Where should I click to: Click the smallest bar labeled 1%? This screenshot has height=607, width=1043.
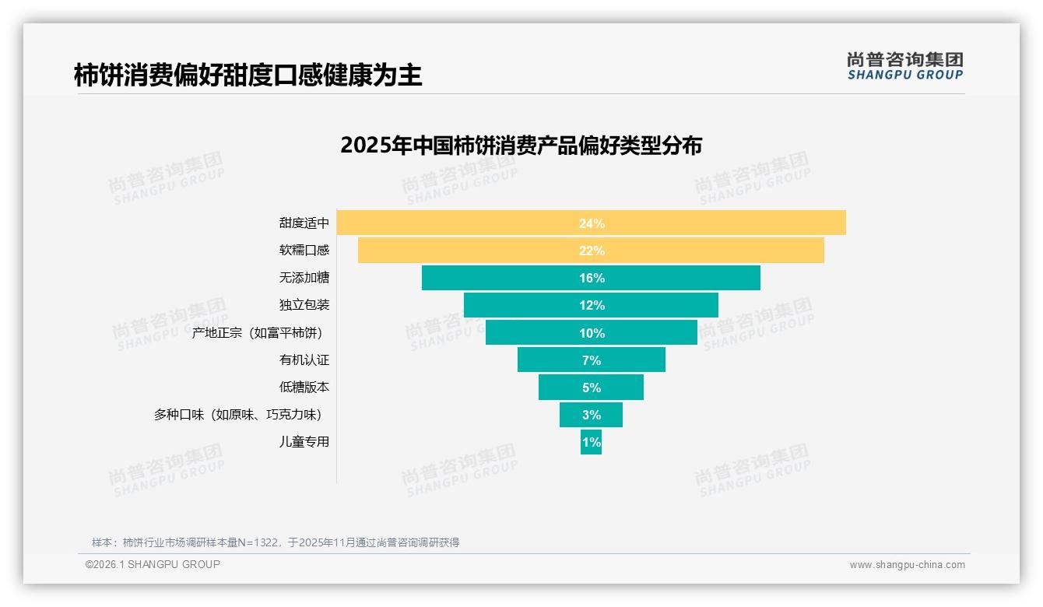click(591, 442)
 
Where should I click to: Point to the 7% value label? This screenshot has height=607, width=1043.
click(592, 360)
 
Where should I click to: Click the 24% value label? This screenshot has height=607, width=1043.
click(592, 223)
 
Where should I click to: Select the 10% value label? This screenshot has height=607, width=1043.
click(592, 333)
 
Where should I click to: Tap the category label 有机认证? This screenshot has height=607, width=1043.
click(304, 360)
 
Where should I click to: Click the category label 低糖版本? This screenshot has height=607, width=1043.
click(304, 387)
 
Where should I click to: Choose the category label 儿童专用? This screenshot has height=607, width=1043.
click(304, 441)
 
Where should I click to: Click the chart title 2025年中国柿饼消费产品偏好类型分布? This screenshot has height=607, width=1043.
click(521, 146)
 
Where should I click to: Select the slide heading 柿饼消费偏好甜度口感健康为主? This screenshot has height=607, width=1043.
click(248, 75)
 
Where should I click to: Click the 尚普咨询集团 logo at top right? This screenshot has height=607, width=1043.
click(904, 66)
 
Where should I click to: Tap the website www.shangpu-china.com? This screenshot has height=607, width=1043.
click(907, 565)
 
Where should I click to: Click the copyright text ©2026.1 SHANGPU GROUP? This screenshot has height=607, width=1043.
click(153, 564)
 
